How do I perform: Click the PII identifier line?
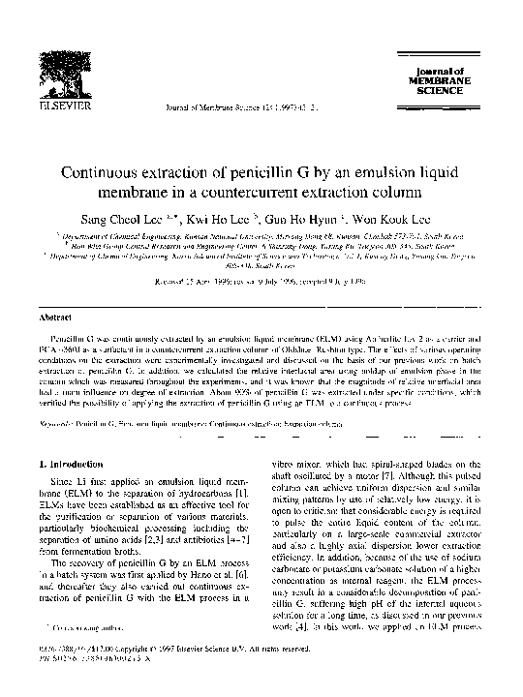(x=91, y=664)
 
